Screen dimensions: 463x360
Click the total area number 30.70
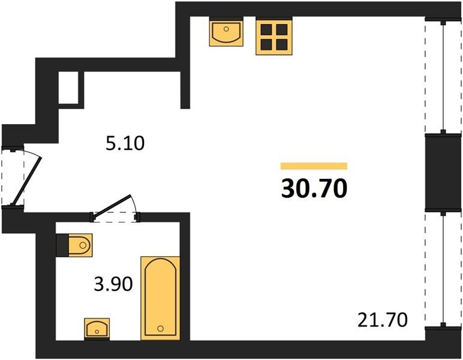click(314, 188)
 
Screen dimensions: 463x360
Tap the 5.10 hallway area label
click(125, 144)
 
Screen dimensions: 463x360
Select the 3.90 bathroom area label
click(113, 284)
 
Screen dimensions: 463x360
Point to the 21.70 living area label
click(383, 320)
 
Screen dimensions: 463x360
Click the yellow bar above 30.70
click(314, 166)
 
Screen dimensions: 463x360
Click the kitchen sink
click(226, 32)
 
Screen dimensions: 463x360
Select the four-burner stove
click(274, 36)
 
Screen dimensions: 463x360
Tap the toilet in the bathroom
click(74, 245)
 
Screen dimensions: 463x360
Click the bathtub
click(160, 298)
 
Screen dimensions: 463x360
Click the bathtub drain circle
click(161, 328)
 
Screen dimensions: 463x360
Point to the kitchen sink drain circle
click(226, 29)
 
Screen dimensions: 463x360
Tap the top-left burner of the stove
click(266, 29)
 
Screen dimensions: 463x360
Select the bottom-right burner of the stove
click(282, 44)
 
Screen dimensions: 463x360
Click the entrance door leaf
click(26, 181)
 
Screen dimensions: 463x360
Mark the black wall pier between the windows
click(443, 172)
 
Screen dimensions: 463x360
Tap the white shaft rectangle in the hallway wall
click(68, 88)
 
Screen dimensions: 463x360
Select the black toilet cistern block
click(62, 245)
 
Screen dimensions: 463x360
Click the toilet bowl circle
click(83, 245)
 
